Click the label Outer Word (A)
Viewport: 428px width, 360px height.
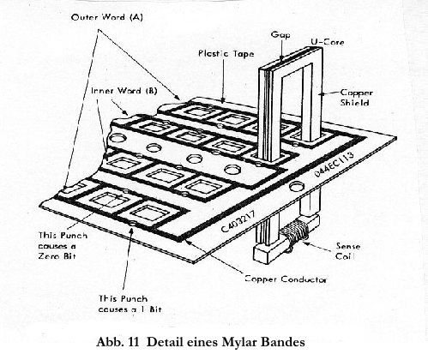[x=107, y=17]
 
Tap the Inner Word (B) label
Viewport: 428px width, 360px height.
[x=124, y=91]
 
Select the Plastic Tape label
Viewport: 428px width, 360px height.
[x=226, y=54]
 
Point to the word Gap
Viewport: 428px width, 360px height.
[x=280, y=35]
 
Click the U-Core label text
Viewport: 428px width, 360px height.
[x=328, y=42]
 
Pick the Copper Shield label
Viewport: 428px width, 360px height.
[x=356, y=98]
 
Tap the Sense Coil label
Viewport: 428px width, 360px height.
[x=347, y=251]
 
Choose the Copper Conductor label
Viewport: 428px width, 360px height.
[x=286, y=279]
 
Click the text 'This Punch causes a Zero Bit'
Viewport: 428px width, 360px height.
[x=63, y=246]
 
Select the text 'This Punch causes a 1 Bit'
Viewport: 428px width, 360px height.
[x=130, y=304]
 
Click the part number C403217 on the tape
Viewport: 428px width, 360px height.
[x=239, y=221]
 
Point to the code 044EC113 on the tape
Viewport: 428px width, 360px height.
[x=334, y=164]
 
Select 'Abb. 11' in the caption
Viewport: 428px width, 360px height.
[x=118, y=342]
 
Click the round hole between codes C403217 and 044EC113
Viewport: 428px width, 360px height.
[x=296, y=187]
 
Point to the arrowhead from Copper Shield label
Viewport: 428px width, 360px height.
[x=322, y=93]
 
